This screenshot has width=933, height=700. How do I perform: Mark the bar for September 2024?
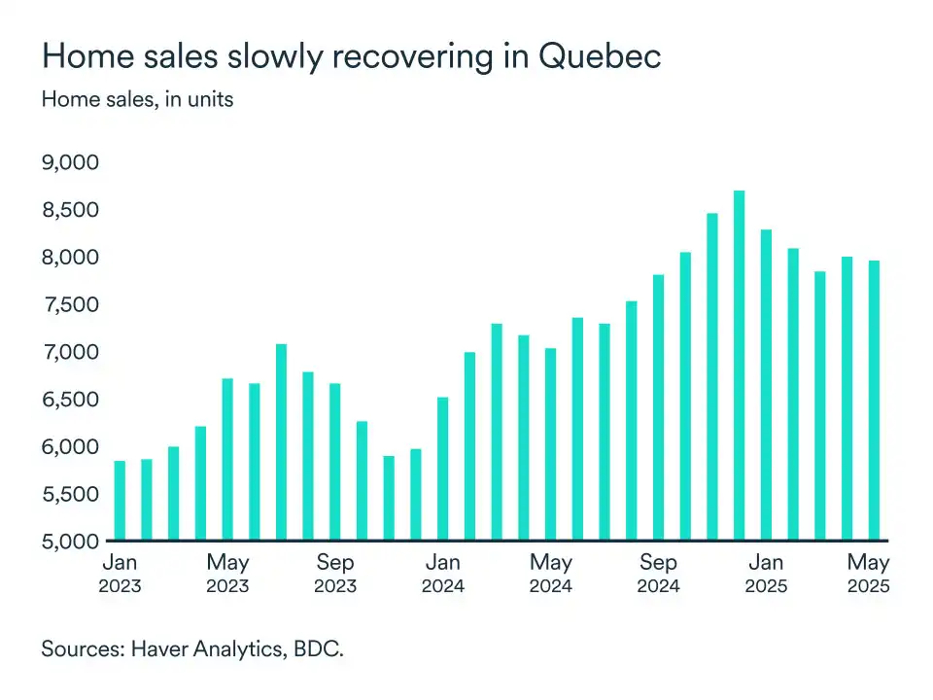pos(658,407)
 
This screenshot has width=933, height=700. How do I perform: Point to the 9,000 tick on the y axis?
pos(70,162)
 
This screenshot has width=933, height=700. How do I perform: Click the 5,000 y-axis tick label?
pos(70,542)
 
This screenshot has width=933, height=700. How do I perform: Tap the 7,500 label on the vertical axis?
pos(70,304)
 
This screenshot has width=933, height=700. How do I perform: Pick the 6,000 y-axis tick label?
pos(70,447)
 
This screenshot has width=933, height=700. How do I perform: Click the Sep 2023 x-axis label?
pos(335,574)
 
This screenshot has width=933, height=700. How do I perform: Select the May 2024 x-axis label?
pos(550,574)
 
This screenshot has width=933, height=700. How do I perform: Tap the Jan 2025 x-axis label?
pos(766,574)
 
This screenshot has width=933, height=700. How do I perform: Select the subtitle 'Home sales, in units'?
pos(137,99)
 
